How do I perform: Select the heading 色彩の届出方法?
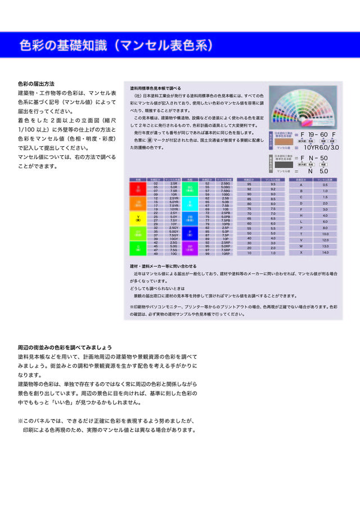click(x=36, y=84)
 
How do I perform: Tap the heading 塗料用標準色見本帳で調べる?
click(x=155, y=88)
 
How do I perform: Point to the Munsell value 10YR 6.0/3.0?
click(x=321, y=147)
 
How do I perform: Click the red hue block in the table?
click(x=138, y=188)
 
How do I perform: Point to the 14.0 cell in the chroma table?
click(x=325, y=253)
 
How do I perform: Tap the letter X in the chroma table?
click(x=301, y=253)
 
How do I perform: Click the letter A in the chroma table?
click(x=301, y=184)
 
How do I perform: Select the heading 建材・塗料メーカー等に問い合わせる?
click(x=163, y=265)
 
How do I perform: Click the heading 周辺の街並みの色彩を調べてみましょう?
click(x=65, y=347)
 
